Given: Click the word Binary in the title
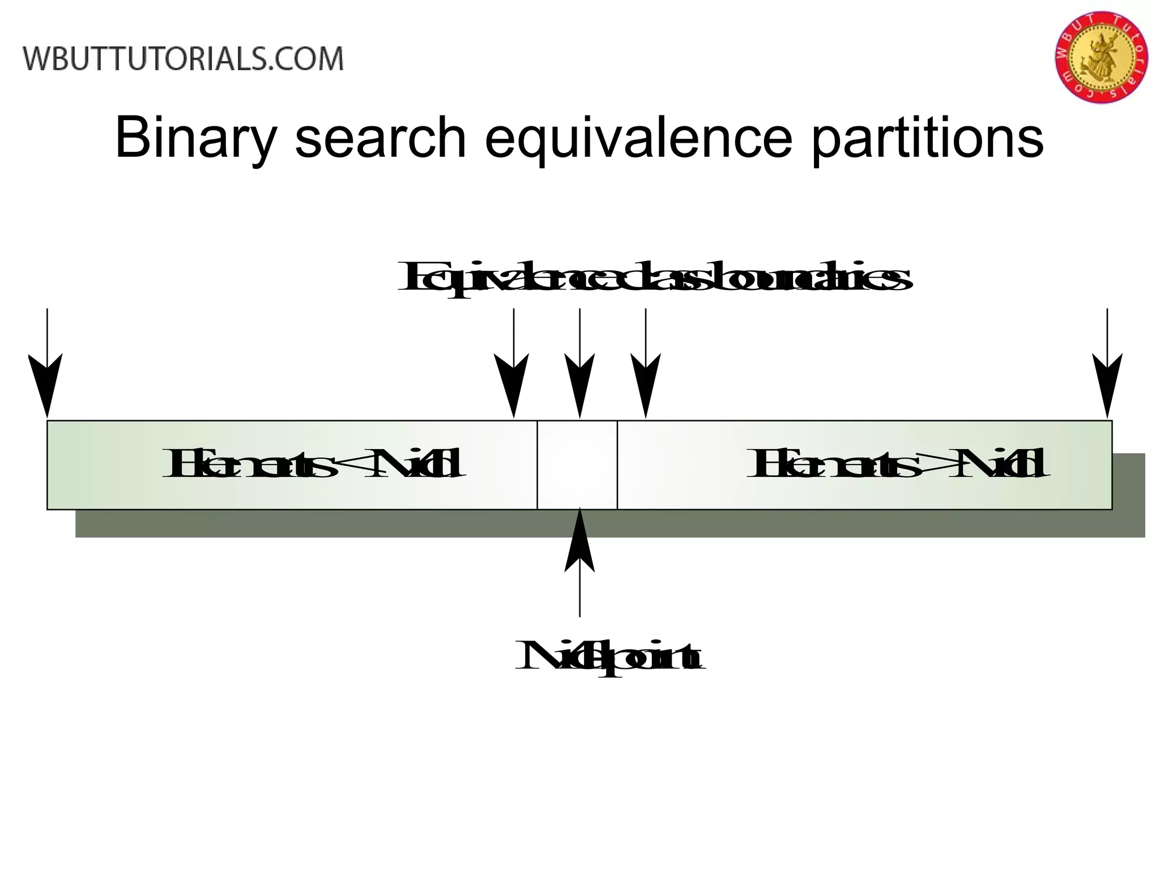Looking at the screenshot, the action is [x=195, y=138].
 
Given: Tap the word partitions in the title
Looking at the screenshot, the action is [x=927, y=138].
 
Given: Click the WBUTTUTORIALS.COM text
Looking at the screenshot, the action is [x=184, y=59].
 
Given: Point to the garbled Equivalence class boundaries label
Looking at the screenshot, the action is [x=654, y=278].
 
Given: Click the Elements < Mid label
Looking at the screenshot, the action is [x=313, y=463].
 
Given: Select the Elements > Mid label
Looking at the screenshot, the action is [x=898, y=463].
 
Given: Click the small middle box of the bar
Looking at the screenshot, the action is [x=577, y=464].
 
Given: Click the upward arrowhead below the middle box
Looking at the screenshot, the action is [x=579, y=541].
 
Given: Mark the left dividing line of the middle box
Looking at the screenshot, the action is [x=537, y=464].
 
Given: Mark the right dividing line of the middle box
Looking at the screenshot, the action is [x=617, y=464].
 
